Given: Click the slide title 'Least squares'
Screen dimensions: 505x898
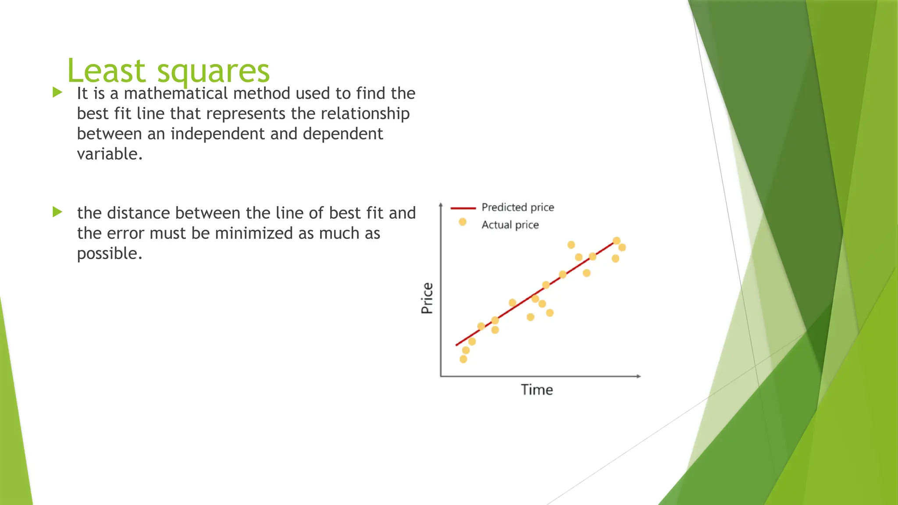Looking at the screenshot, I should click(x=168, y=71).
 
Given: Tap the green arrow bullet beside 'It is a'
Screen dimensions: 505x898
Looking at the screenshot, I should click(x=57, y=92).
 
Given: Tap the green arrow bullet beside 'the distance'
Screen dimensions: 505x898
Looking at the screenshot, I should click(x=57, y=212).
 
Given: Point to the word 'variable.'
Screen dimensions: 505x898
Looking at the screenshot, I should click(x=110, y=154).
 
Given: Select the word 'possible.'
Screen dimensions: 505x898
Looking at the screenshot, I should click(x=110, y=253).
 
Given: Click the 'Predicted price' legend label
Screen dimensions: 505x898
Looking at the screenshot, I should click(x=517, y=207).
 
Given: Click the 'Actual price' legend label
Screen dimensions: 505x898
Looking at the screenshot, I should click(x=510, y=225).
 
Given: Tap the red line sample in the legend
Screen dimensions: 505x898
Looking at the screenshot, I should click(x=463, y=208).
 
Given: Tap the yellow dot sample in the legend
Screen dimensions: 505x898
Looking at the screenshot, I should click(x=462, y=222).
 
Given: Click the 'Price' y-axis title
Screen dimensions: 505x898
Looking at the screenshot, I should click(x=427, y=298).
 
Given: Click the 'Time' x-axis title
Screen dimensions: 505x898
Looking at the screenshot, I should click(x=537, y=390).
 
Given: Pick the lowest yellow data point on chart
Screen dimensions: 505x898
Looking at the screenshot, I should click(x=463, y=359).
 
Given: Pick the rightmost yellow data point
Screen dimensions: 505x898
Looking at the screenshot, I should click(x=622, y=247).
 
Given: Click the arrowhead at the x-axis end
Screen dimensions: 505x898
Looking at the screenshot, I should click(x=639, y=376).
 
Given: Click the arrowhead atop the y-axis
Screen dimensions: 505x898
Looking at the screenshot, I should click(x=441, y=204).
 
